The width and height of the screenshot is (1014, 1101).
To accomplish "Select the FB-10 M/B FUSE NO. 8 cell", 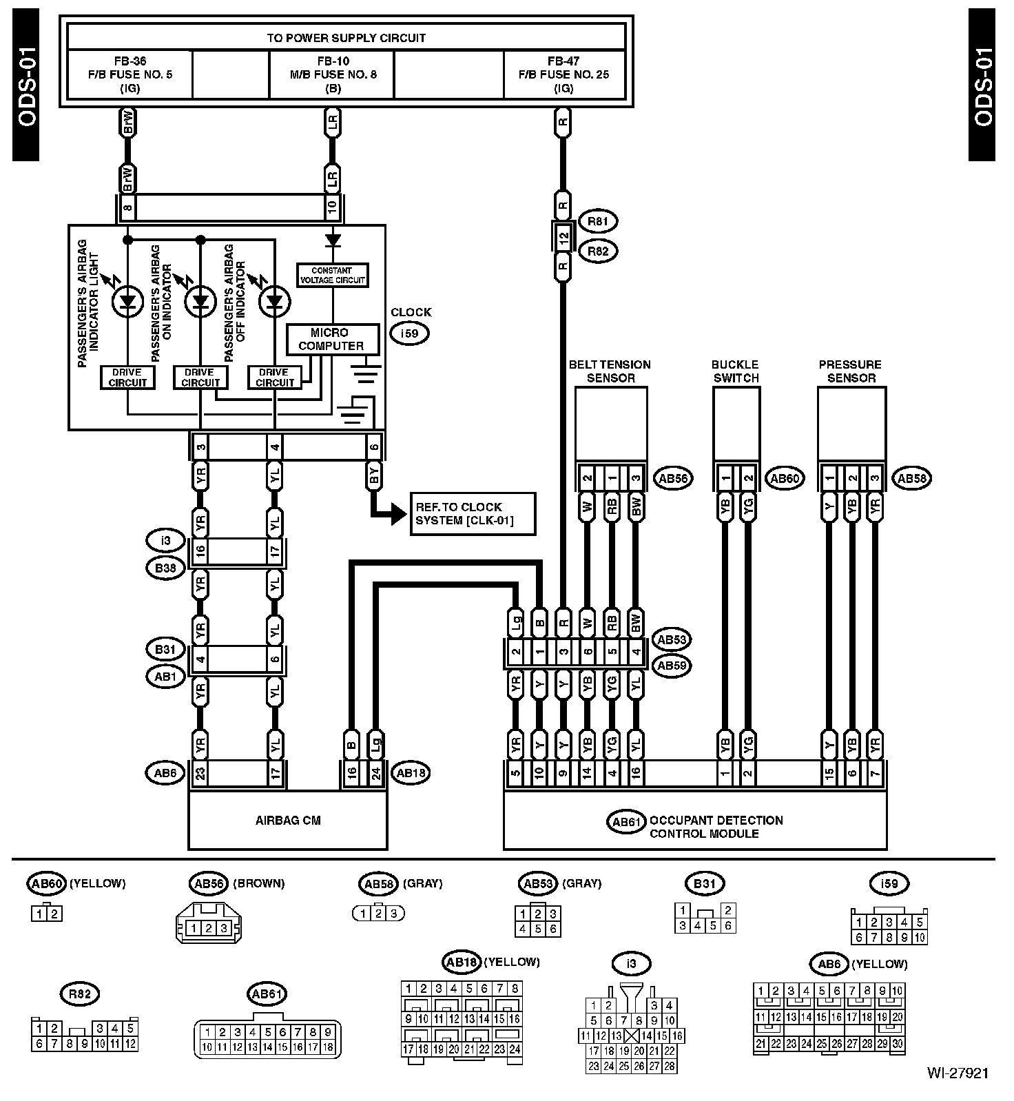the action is [332, 74].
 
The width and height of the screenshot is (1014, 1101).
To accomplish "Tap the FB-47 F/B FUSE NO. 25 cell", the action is [564, 74].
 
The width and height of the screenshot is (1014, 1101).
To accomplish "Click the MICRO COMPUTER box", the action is [332, 339].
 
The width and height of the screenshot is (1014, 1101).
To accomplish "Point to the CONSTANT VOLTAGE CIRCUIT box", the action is [332, 275].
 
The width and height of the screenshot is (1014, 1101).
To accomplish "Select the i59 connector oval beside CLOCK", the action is [410, 334].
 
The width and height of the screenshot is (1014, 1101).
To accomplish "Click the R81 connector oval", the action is [599, 221].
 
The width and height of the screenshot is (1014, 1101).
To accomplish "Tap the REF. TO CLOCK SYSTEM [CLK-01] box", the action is [472, 513].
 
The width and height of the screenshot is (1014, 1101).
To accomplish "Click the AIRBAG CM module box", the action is [288, 820].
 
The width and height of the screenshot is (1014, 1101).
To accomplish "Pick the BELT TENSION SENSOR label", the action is [610, 371].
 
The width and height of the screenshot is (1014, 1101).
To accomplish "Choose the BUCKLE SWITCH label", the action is [736, 371].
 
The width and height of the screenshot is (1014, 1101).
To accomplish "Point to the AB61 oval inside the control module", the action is [626, 821].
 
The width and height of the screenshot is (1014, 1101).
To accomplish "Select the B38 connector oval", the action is [165, 568].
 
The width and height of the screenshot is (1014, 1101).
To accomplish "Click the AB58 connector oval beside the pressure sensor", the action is [911, 478].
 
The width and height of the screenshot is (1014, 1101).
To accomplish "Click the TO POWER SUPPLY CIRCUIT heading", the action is [346, 38].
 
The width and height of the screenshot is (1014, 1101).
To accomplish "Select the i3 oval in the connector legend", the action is [631, 963].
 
